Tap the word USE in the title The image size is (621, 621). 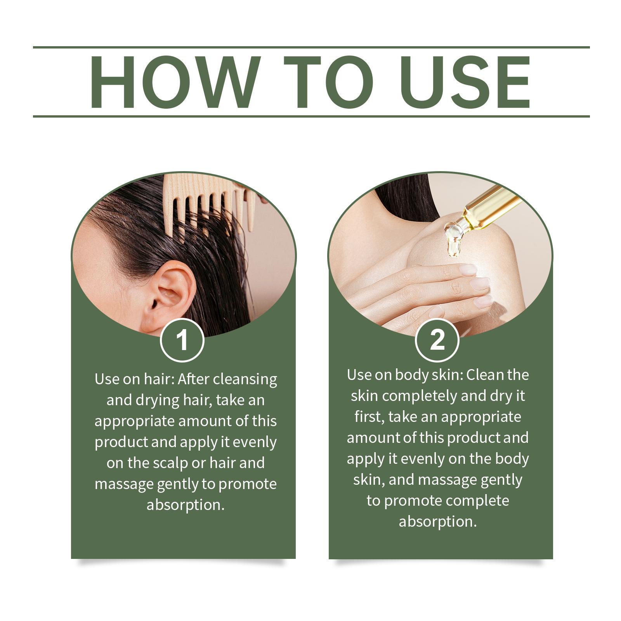tap(466, 82)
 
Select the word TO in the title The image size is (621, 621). tap(328, 82)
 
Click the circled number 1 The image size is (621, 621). tap(182, 340)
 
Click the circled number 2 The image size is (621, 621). tap(437, 340)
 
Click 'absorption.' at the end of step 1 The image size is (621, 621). tap(186, 505)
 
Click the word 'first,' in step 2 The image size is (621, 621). tap(369, 417)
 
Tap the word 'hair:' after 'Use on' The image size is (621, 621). tap(159, 379)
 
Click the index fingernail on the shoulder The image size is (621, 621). tap(468, 269)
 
